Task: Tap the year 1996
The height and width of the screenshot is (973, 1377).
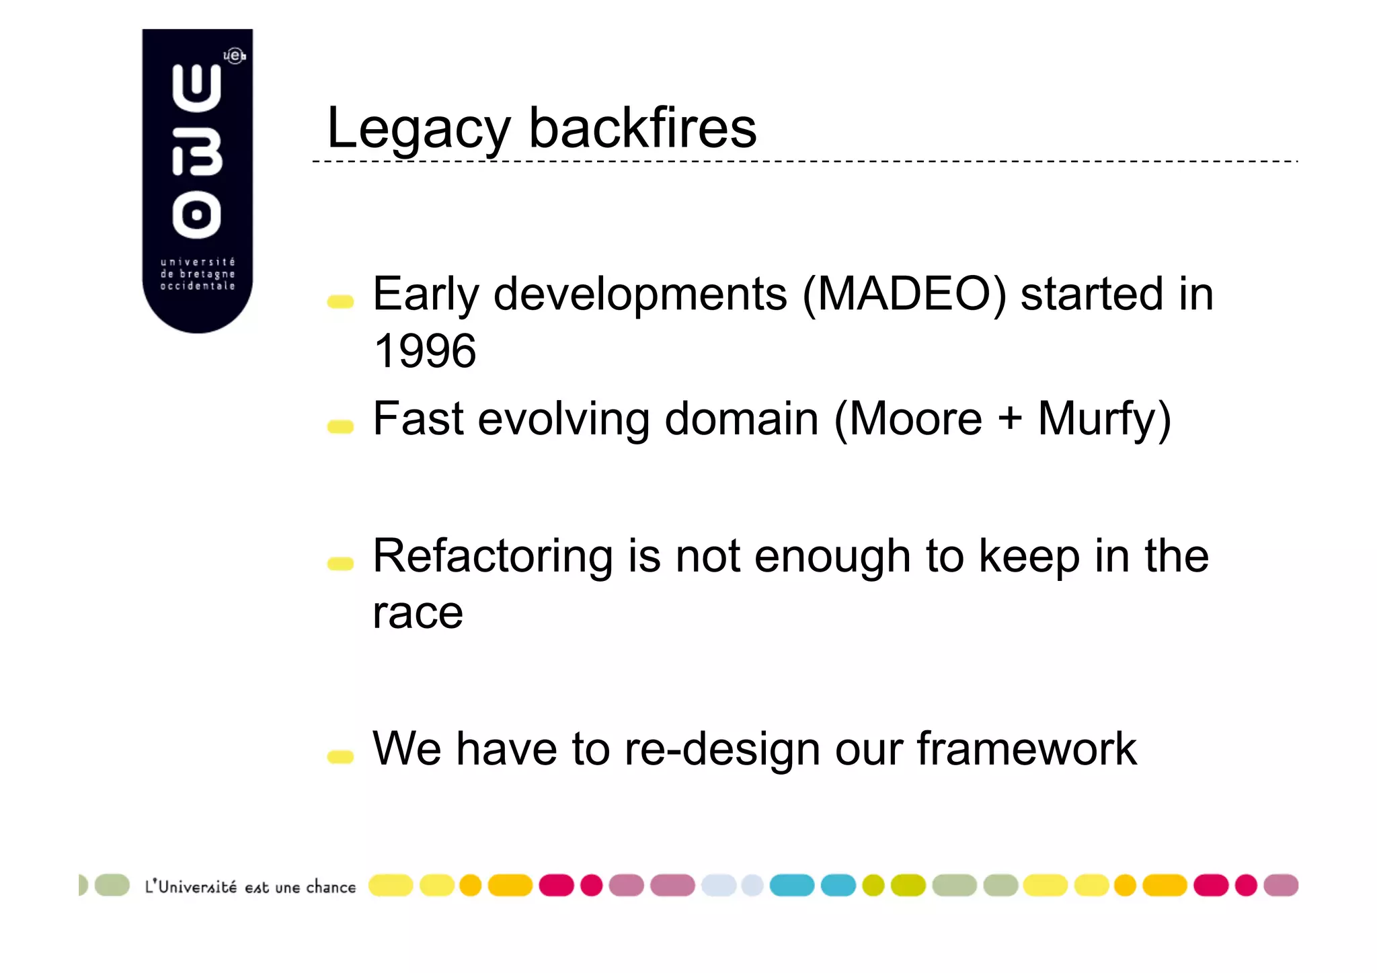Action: click(x=424, y=351)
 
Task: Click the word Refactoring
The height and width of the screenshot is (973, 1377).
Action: click(x=492, y=556)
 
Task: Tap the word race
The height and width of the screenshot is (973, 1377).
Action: click(x=418, y=613)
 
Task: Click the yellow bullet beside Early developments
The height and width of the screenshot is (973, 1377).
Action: click(x=340, y=301)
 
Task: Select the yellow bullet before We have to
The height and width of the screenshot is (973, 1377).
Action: click(x=340, y=756)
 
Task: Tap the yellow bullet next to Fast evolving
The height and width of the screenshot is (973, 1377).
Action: click(x=340, y=426)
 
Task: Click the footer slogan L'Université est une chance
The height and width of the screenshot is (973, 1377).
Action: click(x=250, y=887)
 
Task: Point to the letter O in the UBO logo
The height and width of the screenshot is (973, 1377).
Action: click(x=196, y=215)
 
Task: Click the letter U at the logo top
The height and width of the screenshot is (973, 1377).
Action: click(x=196, y=87)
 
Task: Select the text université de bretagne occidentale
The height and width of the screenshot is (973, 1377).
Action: click(x=197, y=274)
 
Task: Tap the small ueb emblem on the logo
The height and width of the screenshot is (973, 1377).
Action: click(x=235, y=56)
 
